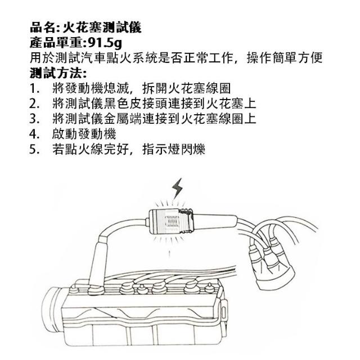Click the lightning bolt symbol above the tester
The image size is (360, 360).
click(178, 188)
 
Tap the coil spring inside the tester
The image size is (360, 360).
click(172, 222)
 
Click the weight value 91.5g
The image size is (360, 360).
click(105, 43)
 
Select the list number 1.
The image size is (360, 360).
click(34, 89)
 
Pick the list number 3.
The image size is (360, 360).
click(34, 119)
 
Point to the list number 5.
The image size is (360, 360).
click(34, 150)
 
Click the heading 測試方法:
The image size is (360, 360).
click(58, 73)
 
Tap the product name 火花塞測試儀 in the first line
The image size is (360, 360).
click(102, 28)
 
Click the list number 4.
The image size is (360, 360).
click(34, 134)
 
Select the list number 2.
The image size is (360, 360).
click(34, 104)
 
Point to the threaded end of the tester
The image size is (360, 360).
click(186, 221)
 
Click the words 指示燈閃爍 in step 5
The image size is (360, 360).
click(174, 150)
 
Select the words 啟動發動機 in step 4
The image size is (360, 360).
click(84, 134)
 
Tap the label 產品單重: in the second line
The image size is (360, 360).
click(58, 43)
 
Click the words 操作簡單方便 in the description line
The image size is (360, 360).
click(285, 57)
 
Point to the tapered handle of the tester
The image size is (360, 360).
click(215, 222)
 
